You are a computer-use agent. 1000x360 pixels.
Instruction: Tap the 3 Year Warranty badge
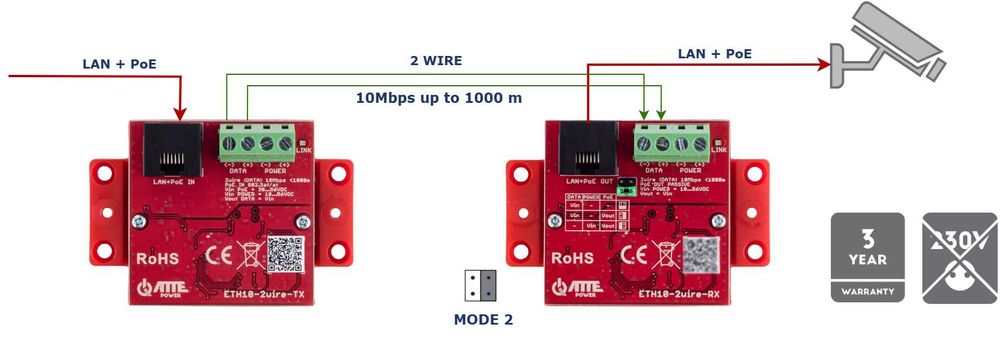pyautogui.click(x=866, y=257)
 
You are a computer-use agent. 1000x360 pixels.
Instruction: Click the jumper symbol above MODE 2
pyautogui.click(x=479, y=286)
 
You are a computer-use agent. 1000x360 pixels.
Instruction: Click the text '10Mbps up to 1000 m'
pyautogui.click(x=439, y=98)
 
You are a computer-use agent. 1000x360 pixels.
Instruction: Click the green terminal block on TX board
pyautogui.click(x=254, y=142)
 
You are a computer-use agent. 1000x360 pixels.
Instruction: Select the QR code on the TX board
pyautogui.click(x=286, y=254)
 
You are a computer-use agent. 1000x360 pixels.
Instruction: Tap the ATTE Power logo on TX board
pyautogui.click(x=165, y=290)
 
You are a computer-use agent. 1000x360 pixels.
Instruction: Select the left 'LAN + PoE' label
pyautogui.click(x=119, y=64)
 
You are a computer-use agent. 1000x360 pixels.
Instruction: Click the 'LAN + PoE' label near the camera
pyautogui.click(x=714, y=53)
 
